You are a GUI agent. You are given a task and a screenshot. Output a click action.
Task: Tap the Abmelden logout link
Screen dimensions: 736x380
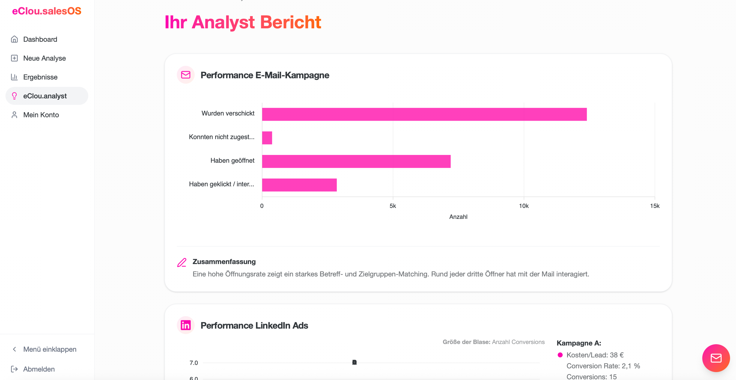click(x=39, y=369)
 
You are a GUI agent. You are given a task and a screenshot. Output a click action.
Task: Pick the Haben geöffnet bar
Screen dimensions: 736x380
click(x=356, y=161)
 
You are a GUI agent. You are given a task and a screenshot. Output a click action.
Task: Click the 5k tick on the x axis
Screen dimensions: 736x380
click(x=393, y=206)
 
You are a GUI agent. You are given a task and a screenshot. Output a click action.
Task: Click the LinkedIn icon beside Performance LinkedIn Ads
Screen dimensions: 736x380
click(x=186, y=325)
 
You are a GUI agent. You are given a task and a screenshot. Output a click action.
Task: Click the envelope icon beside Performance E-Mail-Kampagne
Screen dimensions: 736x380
click(x=186, y=75)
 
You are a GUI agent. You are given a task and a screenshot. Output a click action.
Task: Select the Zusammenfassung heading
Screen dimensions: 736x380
click(x=224, y=262)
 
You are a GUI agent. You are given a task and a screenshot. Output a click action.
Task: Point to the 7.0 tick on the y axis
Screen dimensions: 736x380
click(x=194, y=363)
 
